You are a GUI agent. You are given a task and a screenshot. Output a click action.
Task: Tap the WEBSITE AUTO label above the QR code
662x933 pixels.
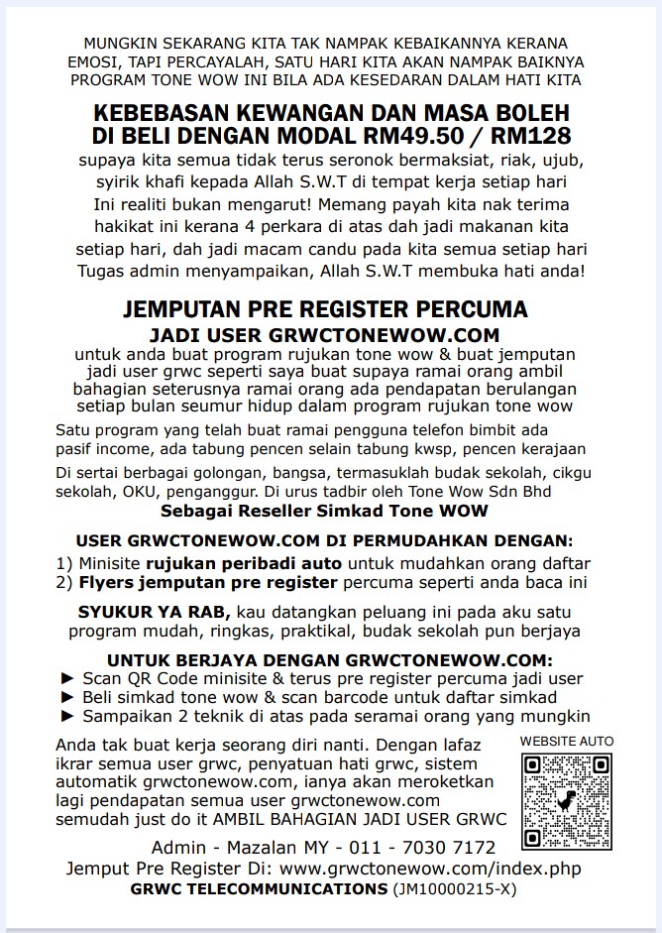coord(566,741)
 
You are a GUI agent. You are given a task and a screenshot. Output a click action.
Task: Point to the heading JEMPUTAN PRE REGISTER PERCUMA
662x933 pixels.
coord(325,311)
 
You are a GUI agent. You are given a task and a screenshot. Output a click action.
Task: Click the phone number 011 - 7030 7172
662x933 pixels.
coord(436,848)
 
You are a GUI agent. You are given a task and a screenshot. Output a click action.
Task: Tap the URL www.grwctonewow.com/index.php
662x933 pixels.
coord(431,869)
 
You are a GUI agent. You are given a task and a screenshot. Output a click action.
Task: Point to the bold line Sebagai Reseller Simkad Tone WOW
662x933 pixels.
coord(324,511)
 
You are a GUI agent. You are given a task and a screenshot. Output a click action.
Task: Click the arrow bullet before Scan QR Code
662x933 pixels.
coord(67,679)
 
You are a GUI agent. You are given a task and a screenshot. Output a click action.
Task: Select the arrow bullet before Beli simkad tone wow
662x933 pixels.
coord(67,698)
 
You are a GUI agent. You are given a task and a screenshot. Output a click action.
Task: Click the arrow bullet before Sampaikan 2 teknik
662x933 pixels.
coord(67,716)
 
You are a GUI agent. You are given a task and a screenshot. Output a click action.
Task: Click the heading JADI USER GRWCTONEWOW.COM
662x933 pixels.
coord(324,335)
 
